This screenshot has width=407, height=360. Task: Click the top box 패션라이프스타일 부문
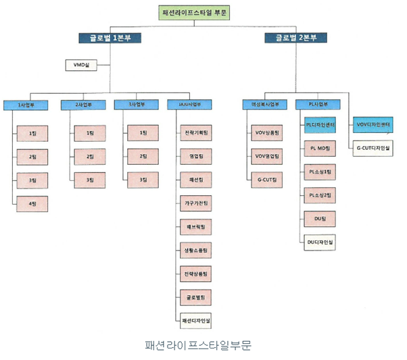click(x=195, y=13)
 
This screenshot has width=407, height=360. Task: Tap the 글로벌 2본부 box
click(x=295, y=38)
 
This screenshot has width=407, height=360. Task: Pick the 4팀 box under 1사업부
click(x=32, y=203)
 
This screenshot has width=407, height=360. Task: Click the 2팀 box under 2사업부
click(x=89, y=157)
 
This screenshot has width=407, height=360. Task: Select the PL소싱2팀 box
click(x=320, y=195)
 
